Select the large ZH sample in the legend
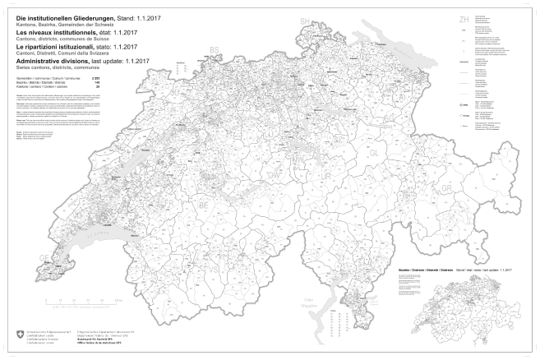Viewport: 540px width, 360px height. (x=464, y=17)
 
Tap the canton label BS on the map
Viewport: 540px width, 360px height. (x=215, y=50)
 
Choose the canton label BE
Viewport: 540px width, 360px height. (x=204, y=200)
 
